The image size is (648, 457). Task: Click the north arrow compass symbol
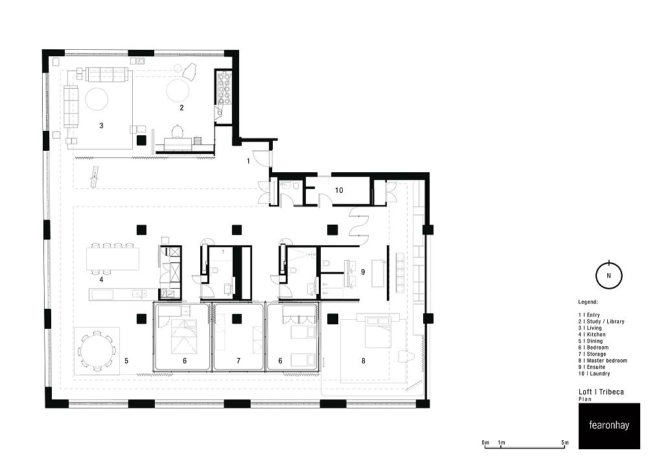pos(608,275)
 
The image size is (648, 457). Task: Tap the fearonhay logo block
pos(608,426)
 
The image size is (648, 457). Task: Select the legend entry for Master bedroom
pos(603,361)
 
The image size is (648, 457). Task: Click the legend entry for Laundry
pos(594,373)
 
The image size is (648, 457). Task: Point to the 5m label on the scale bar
pos(565,443)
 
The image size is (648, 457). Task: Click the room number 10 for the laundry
pos(339,190)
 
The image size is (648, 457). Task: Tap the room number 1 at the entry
pos(248,161)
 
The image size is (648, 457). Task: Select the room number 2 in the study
pos(181,107)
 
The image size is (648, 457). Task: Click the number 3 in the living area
pos(101,126)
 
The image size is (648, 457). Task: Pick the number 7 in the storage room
pos(238,361)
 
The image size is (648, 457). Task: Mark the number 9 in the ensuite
pos(363,272)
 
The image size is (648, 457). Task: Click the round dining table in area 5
pos(96,351)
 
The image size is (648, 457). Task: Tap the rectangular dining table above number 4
pos(113,259)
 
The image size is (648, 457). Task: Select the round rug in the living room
pos(97,98)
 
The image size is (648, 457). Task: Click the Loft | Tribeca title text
pos(601,392)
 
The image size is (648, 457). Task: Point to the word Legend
pos(588,302)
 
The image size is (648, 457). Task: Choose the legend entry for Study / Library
pos(601,321)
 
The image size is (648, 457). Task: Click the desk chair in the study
pos(178,131)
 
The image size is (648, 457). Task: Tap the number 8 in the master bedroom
pos(364,361)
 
